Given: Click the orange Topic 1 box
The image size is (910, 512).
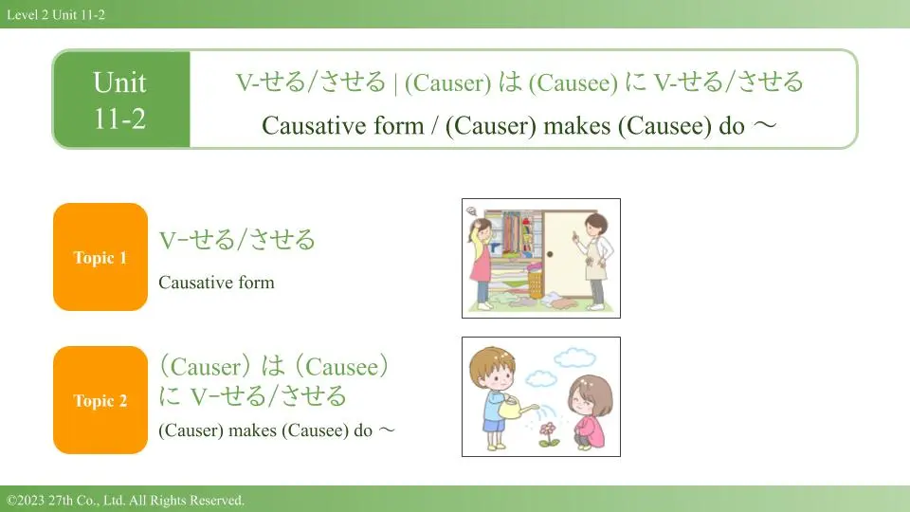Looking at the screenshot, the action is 100,257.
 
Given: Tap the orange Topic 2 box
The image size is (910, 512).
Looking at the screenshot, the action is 100,400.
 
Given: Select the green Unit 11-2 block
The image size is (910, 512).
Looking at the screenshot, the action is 121,100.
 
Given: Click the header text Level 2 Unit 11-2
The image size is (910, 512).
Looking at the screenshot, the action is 56,14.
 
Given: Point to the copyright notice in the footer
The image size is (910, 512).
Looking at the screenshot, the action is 125,500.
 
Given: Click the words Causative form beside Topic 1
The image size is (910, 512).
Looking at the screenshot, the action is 216,283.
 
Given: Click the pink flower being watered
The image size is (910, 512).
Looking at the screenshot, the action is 548,433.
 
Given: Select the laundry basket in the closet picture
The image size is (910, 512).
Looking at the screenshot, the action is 536,284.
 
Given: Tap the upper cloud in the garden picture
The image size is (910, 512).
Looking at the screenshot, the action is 574,357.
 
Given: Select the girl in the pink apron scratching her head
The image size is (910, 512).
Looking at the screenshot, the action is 482,262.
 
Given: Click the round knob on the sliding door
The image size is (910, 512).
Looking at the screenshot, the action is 550,254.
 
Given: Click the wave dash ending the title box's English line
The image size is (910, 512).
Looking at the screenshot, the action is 764,125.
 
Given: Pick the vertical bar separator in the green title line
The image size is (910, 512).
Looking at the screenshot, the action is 395,83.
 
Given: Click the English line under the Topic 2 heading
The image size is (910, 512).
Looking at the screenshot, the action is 276,430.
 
